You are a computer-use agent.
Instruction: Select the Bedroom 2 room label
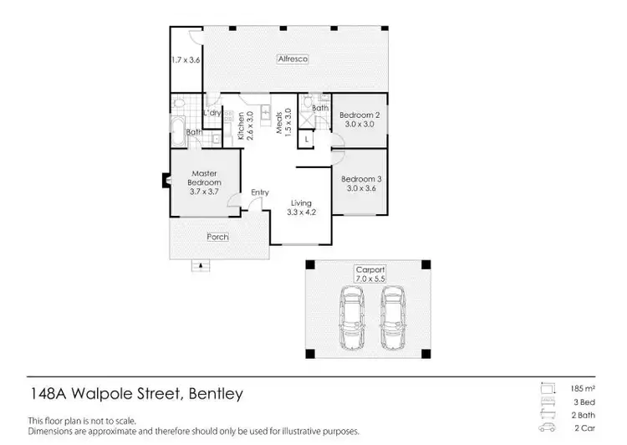click(360, 119)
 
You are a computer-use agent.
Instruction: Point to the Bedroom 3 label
click(361, 182)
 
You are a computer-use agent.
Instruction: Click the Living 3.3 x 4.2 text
click(301, 207)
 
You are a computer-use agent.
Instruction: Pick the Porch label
click(218, 237)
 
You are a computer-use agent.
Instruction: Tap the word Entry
click(260, 193)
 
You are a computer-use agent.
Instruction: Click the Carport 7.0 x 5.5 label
click(370, 274)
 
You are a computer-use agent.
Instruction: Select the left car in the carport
click(351, 318)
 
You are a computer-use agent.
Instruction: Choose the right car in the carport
click(393, 318)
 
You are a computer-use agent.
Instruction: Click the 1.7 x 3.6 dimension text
click(186, 59)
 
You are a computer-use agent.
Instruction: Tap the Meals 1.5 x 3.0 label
click(284, 123)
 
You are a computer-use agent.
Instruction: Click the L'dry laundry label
click(212, 112)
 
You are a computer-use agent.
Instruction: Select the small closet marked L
click(307, 140)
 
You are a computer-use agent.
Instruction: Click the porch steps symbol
click(200, 266)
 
